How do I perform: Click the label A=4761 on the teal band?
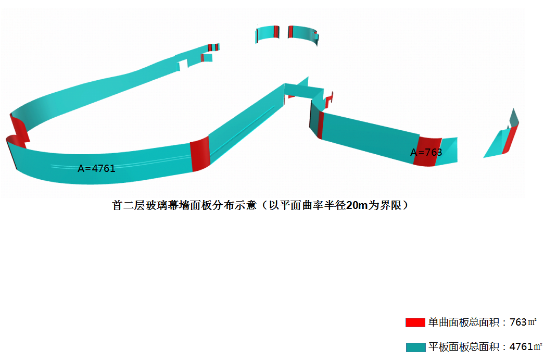click(96, 168)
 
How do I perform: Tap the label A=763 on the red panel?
click(426, 152)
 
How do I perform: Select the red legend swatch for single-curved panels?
click(415, 322)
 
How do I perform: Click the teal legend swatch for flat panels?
click(415, 347)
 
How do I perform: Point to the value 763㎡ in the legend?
click(523, 322)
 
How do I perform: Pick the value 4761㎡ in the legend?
click(525, 347)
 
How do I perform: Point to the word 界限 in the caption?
click(391, 206)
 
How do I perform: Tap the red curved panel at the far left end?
click(18, 130)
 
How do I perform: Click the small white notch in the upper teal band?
click(183, 65)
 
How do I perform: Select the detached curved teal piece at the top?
click(286, 33)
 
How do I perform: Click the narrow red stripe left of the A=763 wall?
click(321, 125)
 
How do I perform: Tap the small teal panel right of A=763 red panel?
click(447, 152)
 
